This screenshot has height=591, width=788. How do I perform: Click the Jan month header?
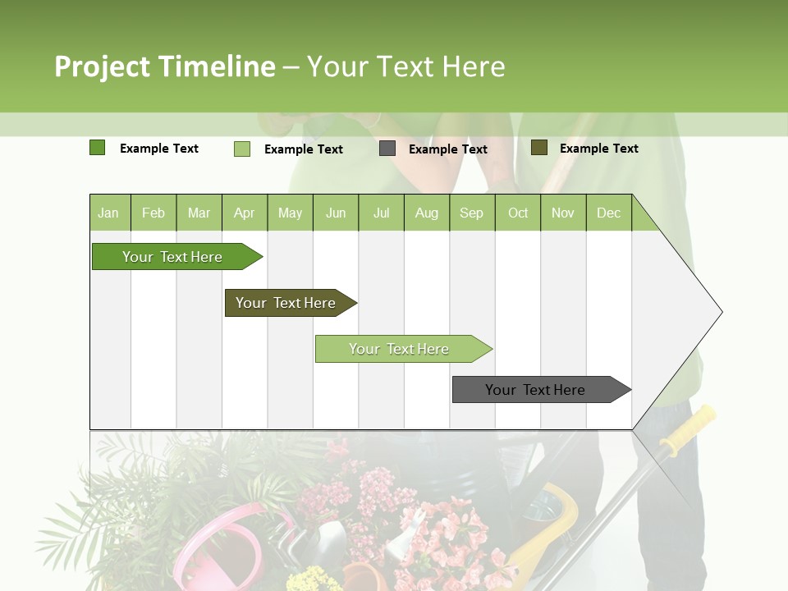109,213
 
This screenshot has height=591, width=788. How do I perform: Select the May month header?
290,213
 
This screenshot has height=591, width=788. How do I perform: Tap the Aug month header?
426,213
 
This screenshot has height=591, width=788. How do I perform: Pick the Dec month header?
608,213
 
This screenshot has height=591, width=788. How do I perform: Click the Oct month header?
517,213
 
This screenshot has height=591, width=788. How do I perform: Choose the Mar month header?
199,213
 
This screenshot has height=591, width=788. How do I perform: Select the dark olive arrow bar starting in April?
287,303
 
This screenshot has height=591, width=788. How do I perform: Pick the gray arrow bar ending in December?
538,390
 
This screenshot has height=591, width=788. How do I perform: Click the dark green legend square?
97,148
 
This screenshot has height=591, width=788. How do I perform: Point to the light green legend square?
241,149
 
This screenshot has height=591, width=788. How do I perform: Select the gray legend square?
387,149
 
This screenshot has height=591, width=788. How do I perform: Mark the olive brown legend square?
538,148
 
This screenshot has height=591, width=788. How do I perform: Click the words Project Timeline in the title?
164,66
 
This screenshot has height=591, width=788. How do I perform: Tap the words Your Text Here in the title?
405,66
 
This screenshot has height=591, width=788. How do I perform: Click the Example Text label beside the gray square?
447,149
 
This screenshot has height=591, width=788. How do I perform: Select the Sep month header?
471,213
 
